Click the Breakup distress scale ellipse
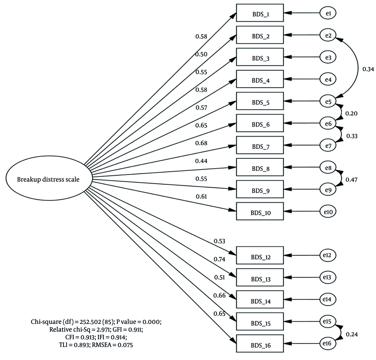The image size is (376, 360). [48, 179]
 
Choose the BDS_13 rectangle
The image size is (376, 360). [259, 279]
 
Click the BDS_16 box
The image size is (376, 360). [259, 345]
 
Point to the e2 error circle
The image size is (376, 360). [328, 36]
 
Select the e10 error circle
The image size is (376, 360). [328, 211]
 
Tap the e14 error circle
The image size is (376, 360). [328, 300]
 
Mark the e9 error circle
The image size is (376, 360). [328, 190]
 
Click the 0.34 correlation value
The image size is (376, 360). [367, 69]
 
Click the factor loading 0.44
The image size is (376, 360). [201, 161]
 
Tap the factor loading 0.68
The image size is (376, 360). [201, 143]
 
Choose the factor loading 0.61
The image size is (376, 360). [201, 196]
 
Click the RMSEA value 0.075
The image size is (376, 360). [125, 343]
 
